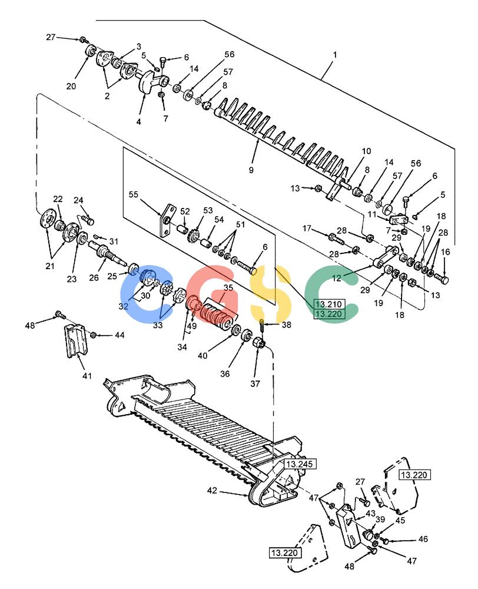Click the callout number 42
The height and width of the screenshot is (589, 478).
pos(212,491)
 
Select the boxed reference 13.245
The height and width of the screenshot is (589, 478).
pos(299,464)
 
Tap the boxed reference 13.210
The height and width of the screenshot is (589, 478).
pos(328,305)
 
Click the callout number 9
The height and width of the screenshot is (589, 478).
pos(251,170)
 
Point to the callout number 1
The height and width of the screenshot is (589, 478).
pos(335,55)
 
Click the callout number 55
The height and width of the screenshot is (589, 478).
pos(133,194)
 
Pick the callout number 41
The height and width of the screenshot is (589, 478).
pos(87,376)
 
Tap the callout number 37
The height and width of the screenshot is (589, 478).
pos(255,383)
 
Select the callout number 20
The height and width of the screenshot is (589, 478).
pos(71,86)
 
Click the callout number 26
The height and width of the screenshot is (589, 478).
pos(94,277)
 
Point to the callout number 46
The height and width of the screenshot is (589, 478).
pos(423,539)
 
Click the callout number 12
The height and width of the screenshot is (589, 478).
pos(337,278)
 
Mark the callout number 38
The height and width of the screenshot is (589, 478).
pos(287,324)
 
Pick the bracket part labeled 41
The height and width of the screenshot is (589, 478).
pos(78,340)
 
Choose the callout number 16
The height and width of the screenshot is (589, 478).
pos(446,252)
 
